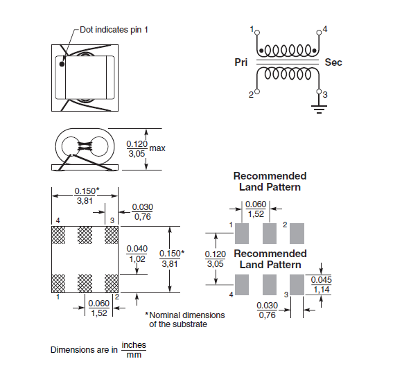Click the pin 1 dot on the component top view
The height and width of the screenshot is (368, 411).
click(x=62, y=64)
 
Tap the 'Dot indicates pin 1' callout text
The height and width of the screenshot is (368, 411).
click(x=114, y=30)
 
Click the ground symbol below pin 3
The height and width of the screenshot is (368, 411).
click(x=319, y=109)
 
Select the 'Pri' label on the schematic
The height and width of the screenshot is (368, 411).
click(x=241, y=62)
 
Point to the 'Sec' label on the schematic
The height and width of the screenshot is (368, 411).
click(x=333, y=62)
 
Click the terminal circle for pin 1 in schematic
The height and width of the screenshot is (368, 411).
click(x=257, y=33)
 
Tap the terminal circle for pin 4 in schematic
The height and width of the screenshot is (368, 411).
click(x=319, y=33)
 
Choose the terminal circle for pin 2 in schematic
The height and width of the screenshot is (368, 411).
click(x=257, y=91)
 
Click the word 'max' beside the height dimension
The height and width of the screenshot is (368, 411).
click(x=157, y=148)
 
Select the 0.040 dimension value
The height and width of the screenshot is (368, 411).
click(x=137, y=249)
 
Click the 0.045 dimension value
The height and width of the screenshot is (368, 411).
click(x=321, y=280)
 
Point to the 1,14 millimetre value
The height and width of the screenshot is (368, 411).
click(x=322, y=290)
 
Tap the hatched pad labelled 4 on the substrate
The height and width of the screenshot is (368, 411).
click(x=58, y=235)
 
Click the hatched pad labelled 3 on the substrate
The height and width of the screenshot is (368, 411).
click(x=112, y=235)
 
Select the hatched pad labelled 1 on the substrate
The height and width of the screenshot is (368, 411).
click(x=58, y=283)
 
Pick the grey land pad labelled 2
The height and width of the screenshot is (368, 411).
click(x=297, y=234)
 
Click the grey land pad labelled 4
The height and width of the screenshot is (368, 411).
click(x=242, y=285)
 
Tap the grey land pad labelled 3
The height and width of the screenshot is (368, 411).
click(x=297, y=285)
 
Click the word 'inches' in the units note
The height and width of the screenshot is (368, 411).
click(x=134, y=345)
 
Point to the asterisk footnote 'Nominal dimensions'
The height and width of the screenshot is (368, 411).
click(x=185, y=315)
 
